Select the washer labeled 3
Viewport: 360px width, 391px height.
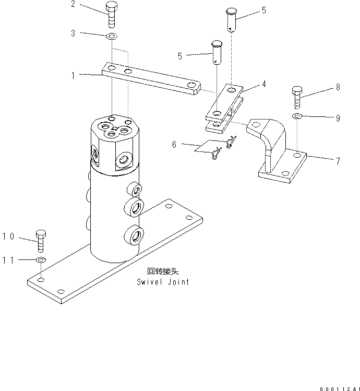coord(111,37)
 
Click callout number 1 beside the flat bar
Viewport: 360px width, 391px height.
coord(73,75)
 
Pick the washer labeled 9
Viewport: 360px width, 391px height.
coord(296,116)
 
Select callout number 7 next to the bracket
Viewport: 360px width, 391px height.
coord(338,161)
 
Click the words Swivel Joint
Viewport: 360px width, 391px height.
coord(163,282)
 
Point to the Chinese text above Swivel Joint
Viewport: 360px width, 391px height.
coord(163,271)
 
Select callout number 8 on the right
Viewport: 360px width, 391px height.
coord(338,87)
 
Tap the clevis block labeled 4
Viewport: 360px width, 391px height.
coord(223,107)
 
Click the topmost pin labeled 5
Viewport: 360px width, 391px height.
coord(232,20)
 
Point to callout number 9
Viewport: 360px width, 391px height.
coord(338,119)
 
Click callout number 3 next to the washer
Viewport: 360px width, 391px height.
coord(73,33)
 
